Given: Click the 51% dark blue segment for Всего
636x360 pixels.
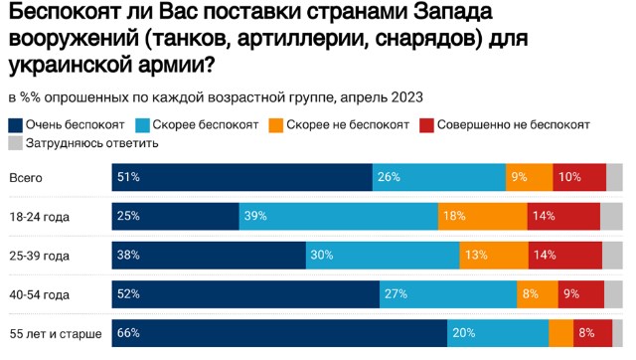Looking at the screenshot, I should coord(241,177).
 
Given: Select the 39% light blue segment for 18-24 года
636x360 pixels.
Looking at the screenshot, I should coord(338,216).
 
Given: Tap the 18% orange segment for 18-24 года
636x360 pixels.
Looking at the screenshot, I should coord(481,216).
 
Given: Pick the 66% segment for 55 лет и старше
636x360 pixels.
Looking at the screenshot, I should coord(279,332).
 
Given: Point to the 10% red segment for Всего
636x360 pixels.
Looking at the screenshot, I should coord(578,177).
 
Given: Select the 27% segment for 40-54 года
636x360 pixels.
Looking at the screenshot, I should coord(448,293).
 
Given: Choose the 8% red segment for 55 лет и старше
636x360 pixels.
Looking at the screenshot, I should coord(589,332).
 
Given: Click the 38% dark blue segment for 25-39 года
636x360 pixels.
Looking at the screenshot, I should coord(208,255).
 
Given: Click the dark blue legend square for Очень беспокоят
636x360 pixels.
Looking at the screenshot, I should coord(16,125).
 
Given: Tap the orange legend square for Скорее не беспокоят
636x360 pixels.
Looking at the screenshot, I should coord(275,125).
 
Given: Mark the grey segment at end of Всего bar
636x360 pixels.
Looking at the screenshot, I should coord(614,177).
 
